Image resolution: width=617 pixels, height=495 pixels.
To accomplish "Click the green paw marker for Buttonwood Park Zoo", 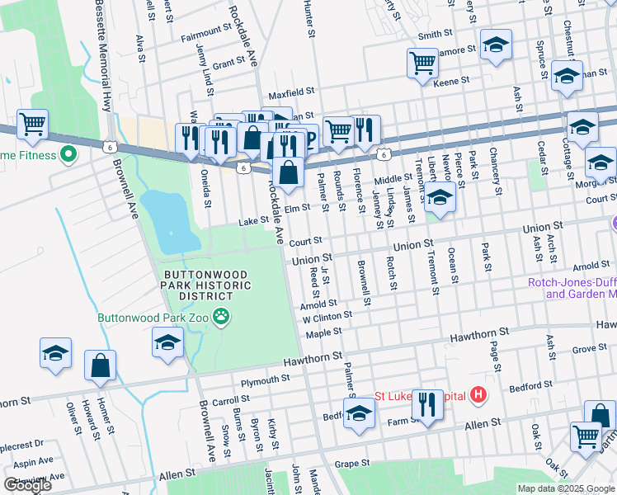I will pos(220,316).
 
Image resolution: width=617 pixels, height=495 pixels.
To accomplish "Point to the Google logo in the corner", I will pos(27,485).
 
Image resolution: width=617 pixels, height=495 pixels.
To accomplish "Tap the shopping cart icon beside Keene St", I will pos(422,62).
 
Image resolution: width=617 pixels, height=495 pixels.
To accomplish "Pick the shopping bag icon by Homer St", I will pos(100,365).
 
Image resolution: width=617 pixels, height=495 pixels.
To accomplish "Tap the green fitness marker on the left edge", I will pos(68,155).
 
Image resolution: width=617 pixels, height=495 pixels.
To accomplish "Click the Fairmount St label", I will pos(205,30).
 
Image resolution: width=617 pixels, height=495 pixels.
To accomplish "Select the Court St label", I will pos(304,242).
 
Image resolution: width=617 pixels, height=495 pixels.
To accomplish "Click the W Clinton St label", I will pos(327,316).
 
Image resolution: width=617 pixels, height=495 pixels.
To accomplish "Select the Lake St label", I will pos(253,221).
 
